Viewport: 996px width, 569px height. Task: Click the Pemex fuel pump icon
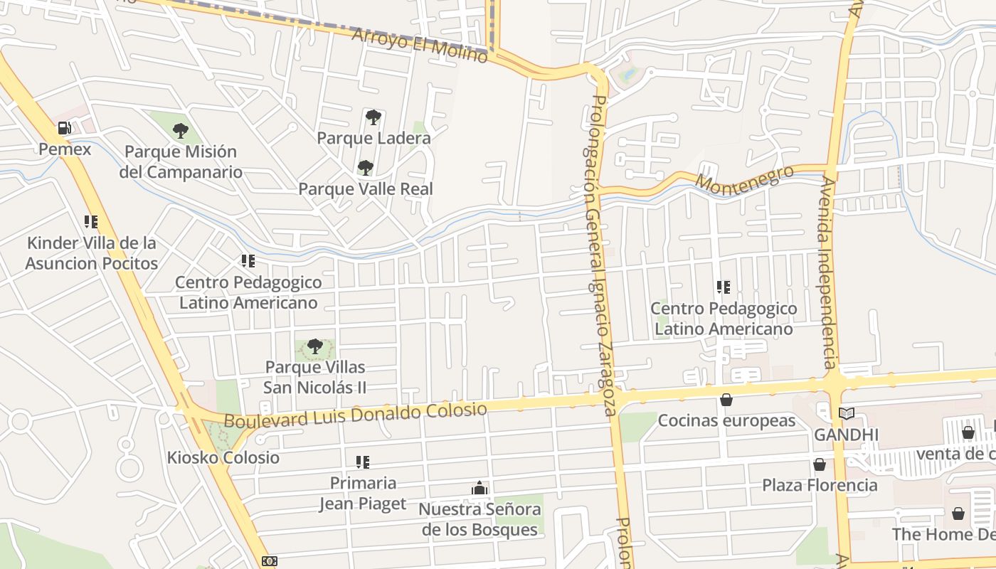tap(64, 129)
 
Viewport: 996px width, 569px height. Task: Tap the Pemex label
tap(65, 149)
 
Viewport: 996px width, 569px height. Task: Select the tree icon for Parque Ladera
tap(373, 117)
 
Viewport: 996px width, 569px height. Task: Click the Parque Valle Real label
tap(365, 189)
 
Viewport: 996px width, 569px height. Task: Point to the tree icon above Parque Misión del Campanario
tap(181, 131)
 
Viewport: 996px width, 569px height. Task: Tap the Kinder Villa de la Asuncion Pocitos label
tap(91, 253)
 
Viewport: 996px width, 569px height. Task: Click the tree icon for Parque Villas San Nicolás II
tap(314, 347)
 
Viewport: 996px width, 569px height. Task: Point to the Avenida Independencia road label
tap(827, 272)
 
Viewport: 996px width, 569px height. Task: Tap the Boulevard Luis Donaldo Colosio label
tap(356, 415)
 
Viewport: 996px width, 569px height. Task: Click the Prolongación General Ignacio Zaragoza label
tap(601, 256)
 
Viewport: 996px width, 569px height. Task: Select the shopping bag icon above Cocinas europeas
tap(726, 400)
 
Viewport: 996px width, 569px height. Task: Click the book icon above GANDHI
tap(846, 413)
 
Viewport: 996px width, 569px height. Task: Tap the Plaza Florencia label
tap(820, 485)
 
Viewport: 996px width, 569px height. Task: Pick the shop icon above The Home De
tap(958, 513)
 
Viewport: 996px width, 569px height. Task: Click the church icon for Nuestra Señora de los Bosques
tap(480, 489)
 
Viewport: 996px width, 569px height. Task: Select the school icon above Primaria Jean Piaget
tap(363, 462)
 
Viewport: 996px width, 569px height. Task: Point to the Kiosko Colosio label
tap(223, 457)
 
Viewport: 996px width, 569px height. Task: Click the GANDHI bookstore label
tap(846, 435)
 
